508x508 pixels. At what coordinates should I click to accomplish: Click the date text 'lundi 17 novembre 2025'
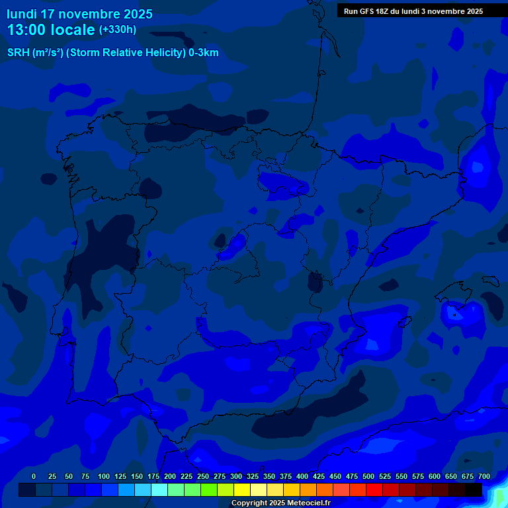point(79,14)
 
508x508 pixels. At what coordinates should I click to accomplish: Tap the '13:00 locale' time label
point(51,30)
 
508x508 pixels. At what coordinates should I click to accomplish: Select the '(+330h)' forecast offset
point(117,30)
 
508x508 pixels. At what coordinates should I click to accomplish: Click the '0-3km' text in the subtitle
point(203,53)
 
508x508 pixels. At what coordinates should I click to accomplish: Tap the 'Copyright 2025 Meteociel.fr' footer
point(280,503)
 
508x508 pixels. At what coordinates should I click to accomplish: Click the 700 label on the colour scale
point(484,476)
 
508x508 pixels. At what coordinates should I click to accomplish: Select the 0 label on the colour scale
point(34,476)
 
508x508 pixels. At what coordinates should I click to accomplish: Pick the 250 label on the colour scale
point(203,476)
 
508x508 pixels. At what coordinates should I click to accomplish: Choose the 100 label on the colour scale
point(104,476)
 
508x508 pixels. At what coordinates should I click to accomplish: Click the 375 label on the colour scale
point(286,476)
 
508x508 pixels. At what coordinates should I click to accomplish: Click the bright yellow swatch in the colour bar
point(241,490)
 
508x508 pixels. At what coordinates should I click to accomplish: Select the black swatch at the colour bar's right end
point(473,490)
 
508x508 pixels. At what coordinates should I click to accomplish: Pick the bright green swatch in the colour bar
point(208,490)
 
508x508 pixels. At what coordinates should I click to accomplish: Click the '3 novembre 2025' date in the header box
point(452,11)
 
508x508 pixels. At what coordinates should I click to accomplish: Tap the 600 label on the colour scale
point(435,476)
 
